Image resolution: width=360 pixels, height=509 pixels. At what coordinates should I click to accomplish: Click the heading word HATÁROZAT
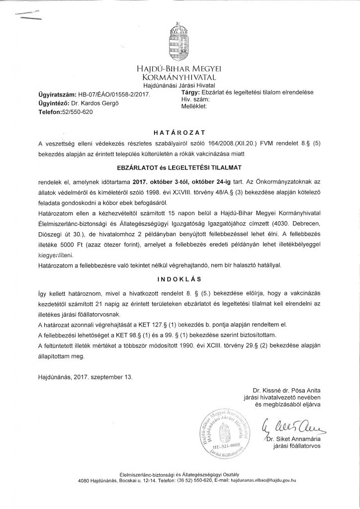(x=180, y=133)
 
